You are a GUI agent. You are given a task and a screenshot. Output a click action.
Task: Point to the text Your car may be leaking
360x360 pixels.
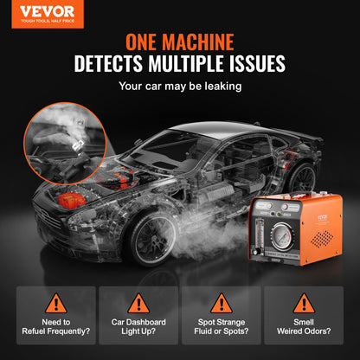179,87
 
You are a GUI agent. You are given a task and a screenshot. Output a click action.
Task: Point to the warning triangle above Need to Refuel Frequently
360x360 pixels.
55,304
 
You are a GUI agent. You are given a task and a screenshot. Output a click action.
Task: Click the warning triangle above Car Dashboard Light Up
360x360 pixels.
138,304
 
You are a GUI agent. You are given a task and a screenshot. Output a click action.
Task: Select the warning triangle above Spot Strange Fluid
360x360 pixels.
221,304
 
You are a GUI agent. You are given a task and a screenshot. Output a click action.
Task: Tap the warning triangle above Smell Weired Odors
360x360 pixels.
304,304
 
